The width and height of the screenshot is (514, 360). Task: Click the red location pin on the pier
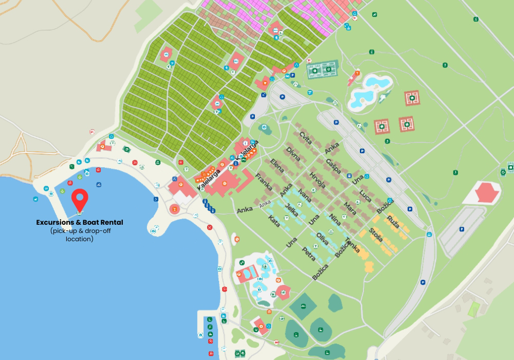pyautogui.click(x=79, y=198)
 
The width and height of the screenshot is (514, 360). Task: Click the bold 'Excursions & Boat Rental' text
pyautogui.click(x=79, y=222)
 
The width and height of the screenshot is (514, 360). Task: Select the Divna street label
pyautogui.click(x=293, y=154)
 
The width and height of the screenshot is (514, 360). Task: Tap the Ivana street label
pyautogui.click(x=305, y=197)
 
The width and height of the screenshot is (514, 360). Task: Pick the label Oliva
pyautogui.click(x=322, y=240)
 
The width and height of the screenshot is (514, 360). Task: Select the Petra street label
pyautogui.click(x=308, y=254)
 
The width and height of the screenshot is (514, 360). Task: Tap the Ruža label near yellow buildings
pyautogui.click(x=393, y=223)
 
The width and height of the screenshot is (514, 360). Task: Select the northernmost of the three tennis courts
pyautogui.click(x=412, y=98)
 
